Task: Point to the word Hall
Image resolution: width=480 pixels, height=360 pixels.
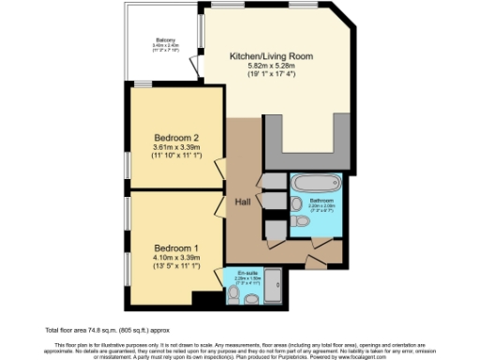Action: click(x=242, y=201)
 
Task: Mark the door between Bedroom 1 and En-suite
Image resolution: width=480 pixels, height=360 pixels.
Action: click(x=221, y=274)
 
